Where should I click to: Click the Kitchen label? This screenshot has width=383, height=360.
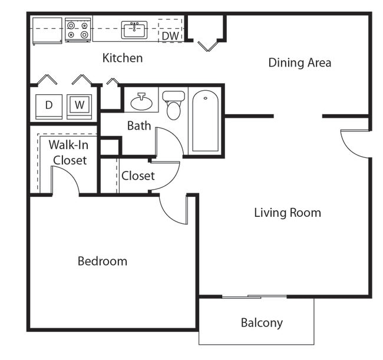(123, 58)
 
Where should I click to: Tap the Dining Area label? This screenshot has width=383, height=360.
(299, 62)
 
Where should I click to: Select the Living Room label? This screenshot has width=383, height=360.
(288, 213)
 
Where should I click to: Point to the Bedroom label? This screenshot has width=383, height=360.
(103, 261)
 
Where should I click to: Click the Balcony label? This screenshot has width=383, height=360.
(262, 323)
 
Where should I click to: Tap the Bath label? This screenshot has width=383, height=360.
(139, 125)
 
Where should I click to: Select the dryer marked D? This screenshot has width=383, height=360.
(49, 106)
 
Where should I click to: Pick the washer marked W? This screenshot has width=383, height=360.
(79, 106)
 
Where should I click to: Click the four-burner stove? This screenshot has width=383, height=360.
(78, 30)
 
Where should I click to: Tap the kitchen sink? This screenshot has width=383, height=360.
(134, 29)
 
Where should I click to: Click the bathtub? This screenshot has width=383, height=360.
(205, 121)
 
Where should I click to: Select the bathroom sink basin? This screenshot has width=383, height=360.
(141, 103)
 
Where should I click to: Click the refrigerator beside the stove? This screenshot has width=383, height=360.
(47, 31)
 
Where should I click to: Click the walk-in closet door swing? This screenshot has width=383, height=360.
(65, 180)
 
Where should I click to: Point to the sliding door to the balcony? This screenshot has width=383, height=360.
(254, 296)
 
